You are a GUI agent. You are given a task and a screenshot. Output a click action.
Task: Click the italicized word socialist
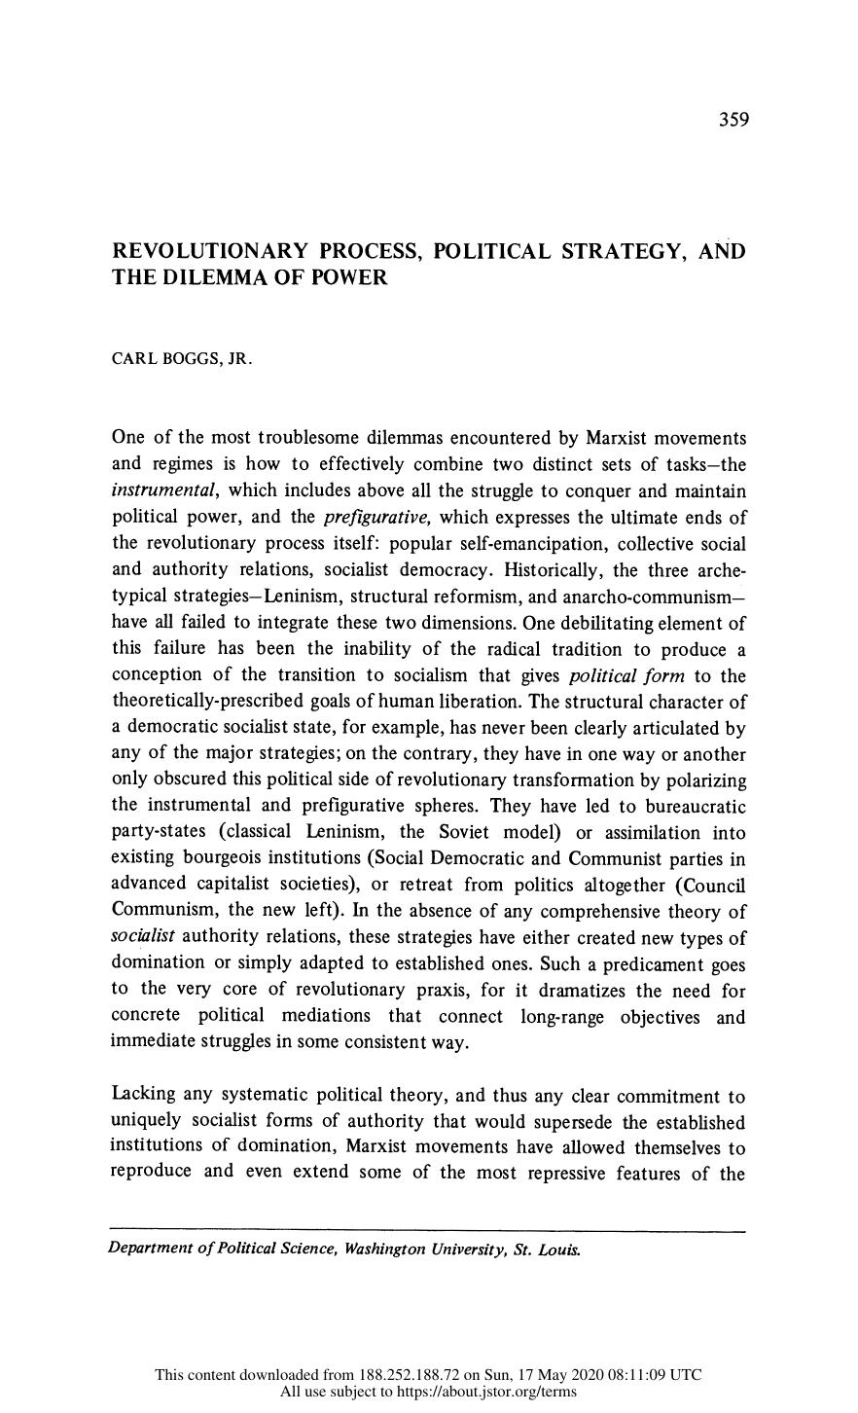point(143,937)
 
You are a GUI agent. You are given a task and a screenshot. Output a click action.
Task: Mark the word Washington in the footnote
point(385,1249)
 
